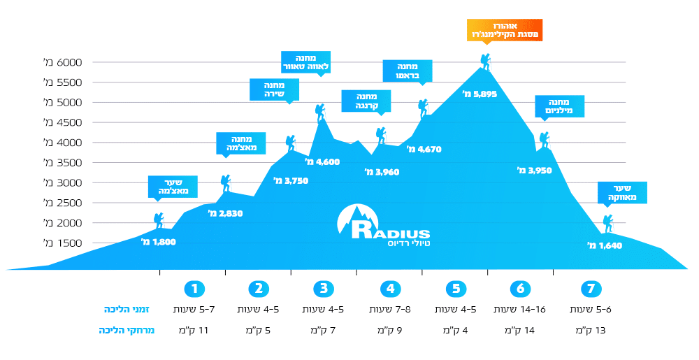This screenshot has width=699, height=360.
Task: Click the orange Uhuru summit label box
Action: coord(504,29)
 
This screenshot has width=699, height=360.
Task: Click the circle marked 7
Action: coord(591,288)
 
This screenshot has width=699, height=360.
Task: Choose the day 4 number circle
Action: coord(389,288)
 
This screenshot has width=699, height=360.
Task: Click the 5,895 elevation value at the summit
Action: coord(480,94)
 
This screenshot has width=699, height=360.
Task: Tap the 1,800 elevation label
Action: coord(159,242)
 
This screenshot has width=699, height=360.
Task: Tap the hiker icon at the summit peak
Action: coord(485,62)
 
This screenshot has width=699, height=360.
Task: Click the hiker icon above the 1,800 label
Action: coord(159,220)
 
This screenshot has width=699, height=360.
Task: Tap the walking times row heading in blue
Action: coord(129,309)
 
